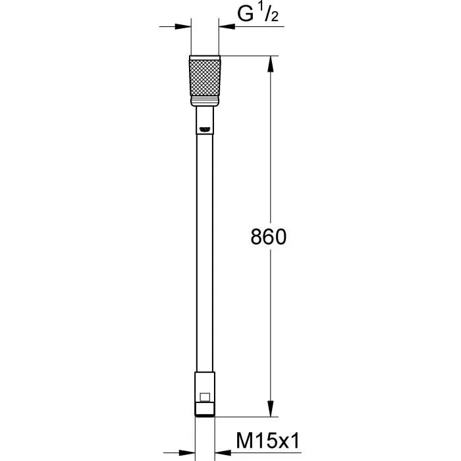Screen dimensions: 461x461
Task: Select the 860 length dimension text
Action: point(269,237)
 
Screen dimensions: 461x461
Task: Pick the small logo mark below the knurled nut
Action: point(205,128)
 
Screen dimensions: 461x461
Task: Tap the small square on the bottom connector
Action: point(205,397)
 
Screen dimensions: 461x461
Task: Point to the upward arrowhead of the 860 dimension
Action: point(270,63)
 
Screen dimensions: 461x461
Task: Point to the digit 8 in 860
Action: point(256,237)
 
